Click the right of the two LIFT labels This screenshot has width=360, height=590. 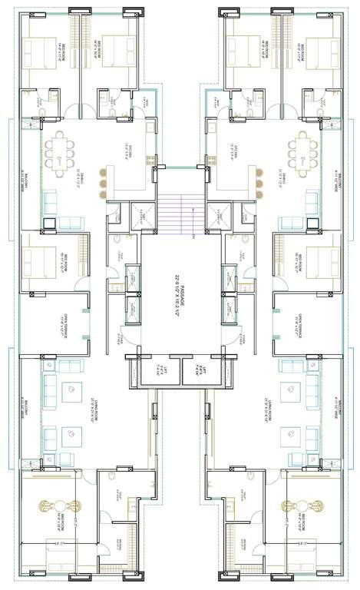click(202, 372)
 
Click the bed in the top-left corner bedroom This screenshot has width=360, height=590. click(39, 52)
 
